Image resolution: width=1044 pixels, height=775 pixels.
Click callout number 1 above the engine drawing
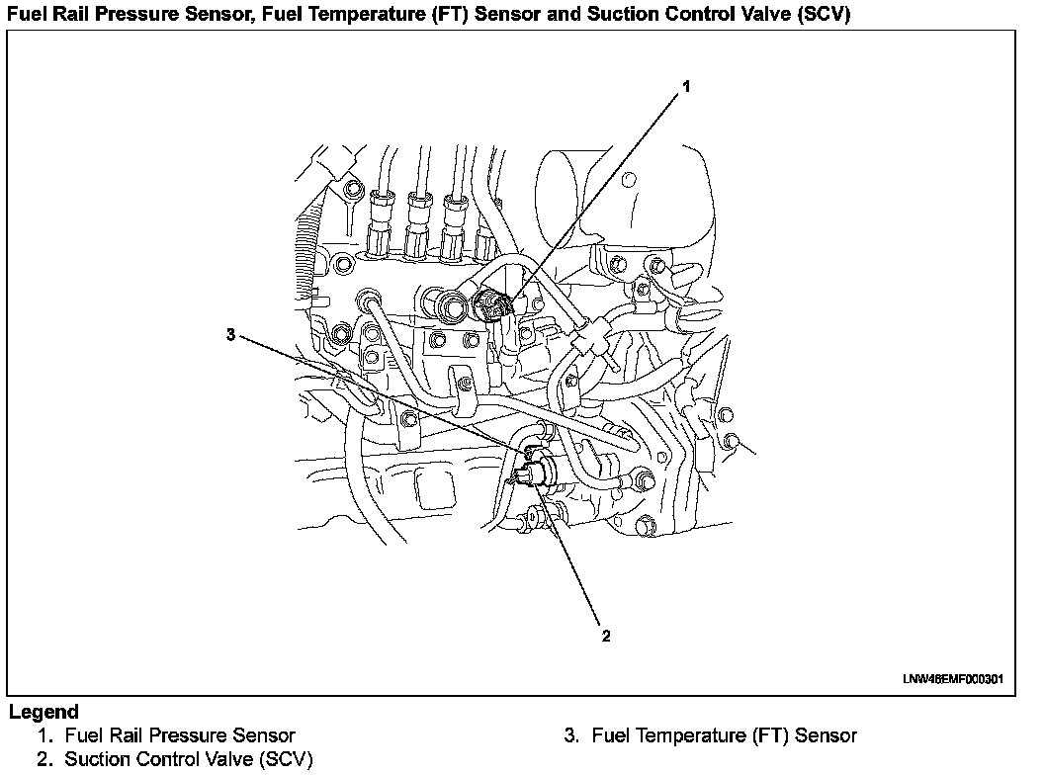[x=686, y=87]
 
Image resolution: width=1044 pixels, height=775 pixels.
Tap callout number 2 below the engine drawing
[x=605, y=635]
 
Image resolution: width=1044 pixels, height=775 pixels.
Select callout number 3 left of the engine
[x=230, y=335]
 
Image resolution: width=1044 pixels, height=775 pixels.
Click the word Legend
[x=43, y=712]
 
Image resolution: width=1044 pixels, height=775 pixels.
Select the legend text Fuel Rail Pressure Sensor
[x=179, y=735]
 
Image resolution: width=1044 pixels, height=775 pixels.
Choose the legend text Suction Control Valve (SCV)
[x=188, y=759]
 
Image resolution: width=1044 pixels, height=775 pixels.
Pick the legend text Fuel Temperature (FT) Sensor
[x=724, y=735]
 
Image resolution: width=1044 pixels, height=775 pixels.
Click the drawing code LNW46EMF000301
[x=952, y=679]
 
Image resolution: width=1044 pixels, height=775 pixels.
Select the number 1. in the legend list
[x=45, y=735]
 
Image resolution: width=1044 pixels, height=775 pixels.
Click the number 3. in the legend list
[x=571, y=735]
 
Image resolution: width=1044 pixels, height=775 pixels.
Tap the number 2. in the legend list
[x=45, y=759]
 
